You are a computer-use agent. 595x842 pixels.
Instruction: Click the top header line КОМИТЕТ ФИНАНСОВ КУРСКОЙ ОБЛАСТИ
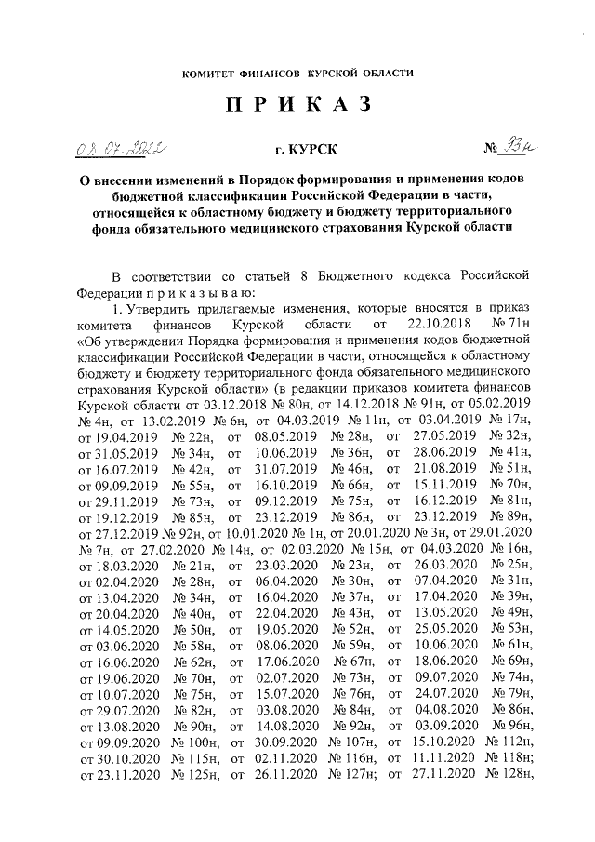[297, 73]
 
